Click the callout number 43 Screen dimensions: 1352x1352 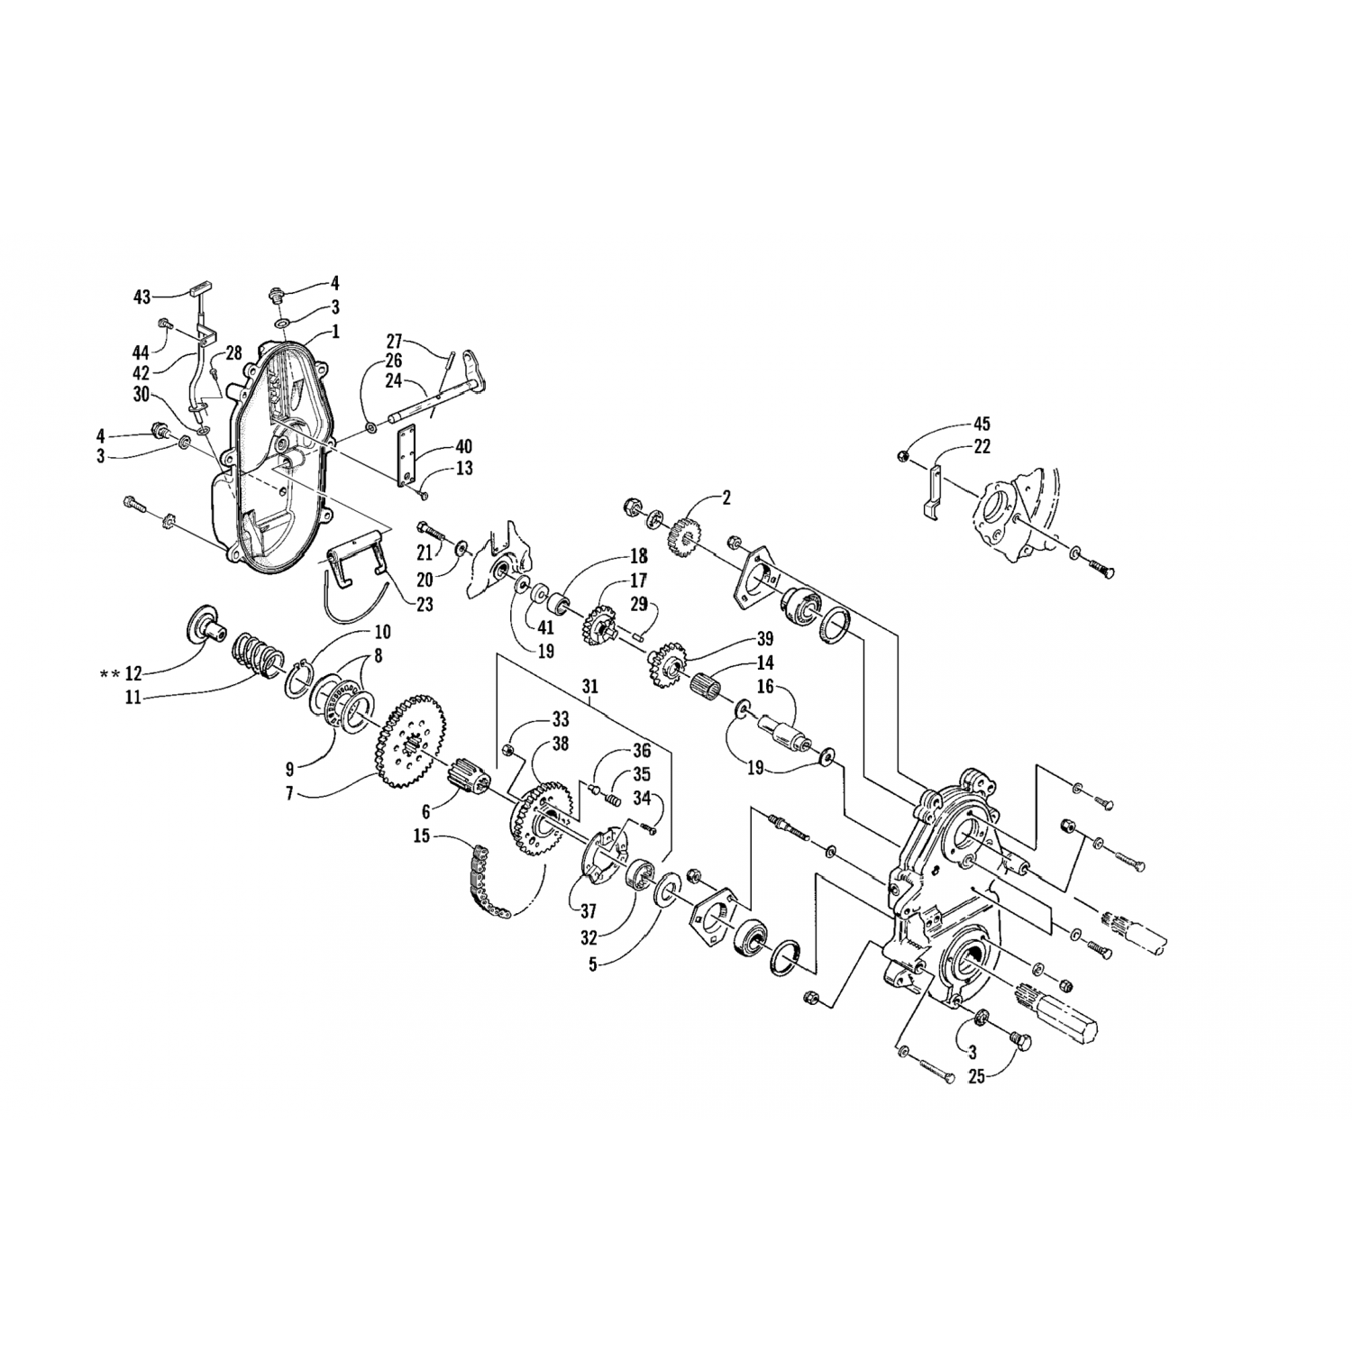142,296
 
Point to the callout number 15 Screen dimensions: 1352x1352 423,836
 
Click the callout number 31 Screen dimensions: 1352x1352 590,686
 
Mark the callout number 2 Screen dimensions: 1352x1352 726,497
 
